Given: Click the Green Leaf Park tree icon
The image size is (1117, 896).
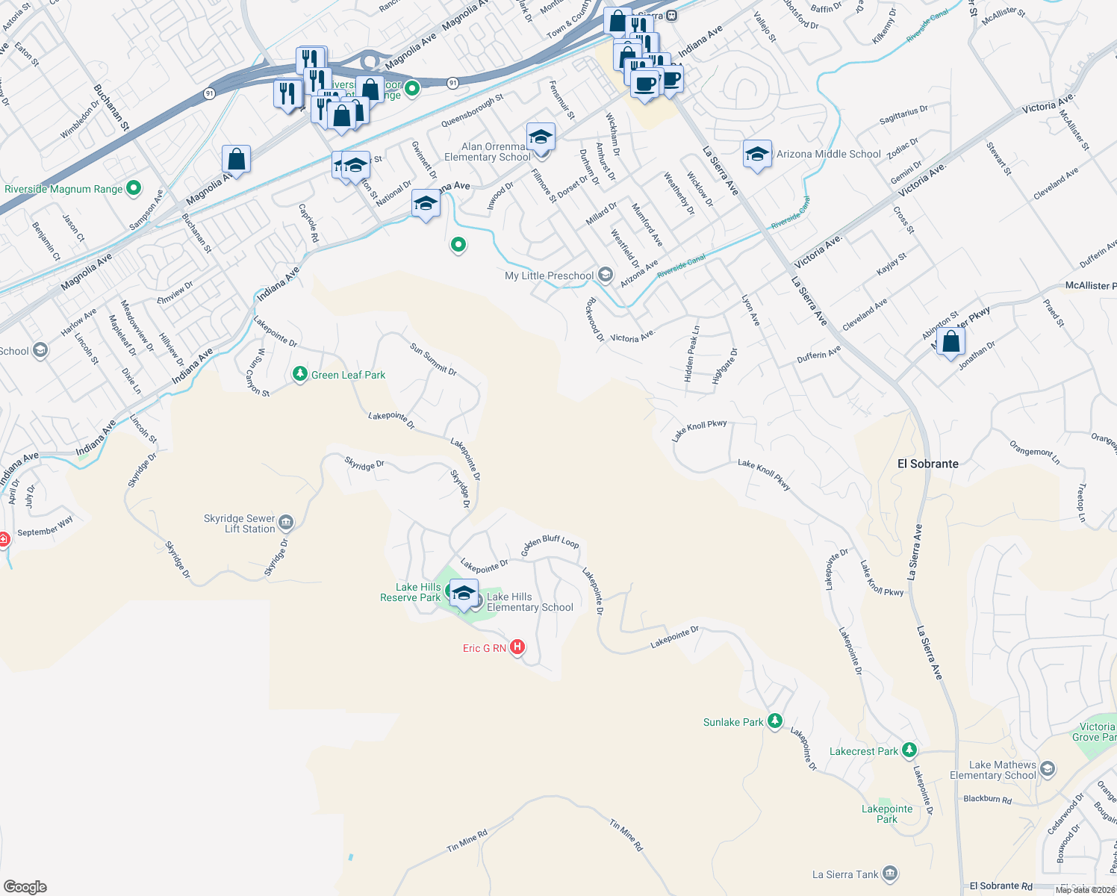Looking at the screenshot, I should [300, 374].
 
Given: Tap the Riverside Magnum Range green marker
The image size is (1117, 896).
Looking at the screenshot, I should [134, 188].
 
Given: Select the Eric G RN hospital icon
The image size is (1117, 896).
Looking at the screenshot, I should [517, 647].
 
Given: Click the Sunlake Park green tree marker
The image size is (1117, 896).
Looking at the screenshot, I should [775, 721].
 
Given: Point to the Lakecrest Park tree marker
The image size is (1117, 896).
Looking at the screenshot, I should [909, 750].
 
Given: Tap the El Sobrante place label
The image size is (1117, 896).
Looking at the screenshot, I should [927, 464].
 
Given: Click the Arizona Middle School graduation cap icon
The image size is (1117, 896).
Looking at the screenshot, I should [757, 155].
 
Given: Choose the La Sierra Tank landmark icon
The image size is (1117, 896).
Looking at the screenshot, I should [889, 874].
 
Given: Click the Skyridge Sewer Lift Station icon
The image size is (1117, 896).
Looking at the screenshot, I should [286, 523].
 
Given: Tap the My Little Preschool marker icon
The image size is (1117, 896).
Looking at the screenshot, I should [606, 276].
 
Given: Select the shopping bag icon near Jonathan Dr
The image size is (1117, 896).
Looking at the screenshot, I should [950, 342].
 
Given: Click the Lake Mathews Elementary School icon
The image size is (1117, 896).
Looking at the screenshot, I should [1048, 769].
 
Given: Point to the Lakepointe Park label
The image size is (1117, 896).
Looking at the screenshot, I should [887, 814].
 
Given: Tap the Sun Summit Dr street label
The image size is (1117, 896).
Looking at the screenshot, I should [433, 358].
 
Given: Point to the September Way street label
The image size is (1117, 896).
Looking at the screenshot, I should [45, 526].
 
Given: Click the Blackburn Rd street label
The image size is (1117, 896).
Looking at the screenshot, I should [987, 799].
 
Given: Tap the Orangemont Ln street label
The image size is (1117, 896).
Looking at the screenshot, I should [1034, 452].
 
